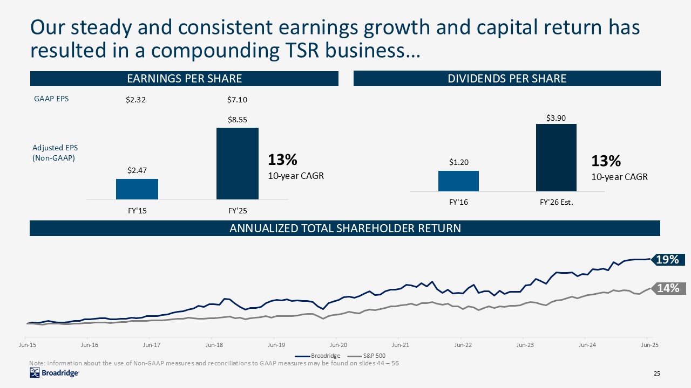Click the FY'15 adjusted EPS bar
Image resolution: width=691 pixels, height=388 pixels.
137,189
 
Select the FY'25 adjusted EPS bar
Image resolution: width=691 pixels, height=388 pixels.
238,163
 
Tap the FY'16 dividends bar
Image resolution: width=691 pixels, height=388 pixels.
458,181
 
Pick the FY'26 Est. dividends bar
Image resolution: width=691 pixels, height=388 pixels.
556,157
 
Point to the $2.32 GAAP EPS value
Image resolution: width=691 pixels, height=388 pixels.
136,99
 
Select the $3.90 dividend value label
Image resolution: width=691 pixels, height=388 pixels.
556,117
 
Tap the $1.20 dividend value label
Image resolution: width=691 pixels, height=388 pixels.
458,162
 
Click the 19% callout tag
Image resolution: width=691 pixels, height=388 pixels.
668,260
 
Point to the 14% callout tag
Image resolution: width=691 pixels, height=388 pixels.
668,288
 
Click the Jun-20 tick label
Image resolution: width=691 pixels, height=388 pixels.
338,344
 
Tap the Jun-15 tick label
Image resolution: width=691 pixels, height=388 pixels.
27,344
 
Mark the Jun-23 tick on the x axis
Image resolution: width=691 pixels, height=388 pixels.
525,344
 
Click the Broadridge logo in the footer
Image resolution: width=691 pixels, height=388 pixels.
55,373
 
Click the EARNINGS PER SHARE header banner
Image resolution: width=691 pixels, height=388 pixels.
184,79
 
